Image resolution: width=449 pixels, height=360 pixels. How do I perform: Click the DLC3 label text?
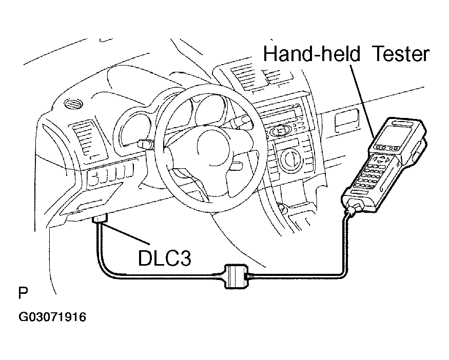click(164, 258)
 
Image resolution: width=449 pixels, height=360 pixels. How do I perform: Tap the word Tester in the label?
click(401, 54)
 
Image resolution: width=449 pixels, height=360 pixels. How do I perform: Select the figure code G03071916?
click(52, 317)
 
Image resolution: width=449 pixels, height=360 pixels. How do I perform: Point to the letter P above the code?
click(23, 292)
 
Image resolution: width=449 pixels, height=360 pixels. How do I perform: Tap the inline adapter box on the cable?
click(236, 276)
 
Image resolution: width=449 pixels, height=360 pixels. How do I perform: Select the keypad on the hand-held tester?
click(374, 171)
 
